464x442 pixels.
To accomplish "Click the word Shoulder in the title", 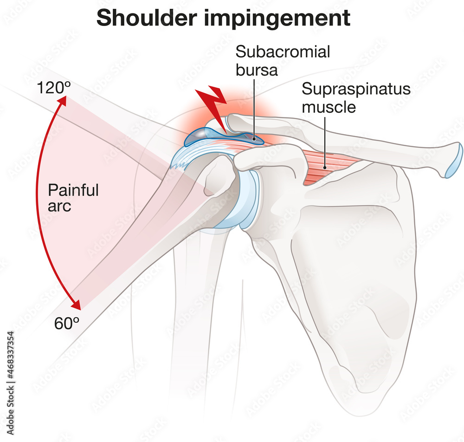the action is point(147,18).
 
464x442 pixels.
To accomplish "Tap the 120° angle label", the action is point(53,88).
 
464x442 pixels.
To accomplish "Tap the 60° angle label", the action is point(67,324).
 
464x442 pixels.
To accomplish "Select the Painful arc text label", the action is point(73,197).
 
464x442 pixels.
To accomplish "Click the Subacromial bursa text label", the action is point(283,61).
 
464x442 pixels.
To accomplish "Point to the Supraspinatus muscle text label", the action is point(356,97).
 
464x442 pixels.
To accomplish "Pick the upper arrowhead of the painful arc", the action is point(62,100).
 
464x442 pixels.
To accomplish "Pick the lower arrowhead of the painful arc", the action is point(77,305).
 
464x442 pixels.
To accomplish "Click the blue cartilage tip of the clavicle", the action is point(454,160).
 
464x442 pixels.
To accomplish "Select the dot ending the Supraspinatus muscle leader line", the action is point(325,168).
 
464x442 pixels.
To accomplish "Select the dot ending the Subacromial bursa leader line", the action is point(254,138).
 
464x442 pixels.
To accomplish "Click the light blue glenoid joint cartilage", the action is point(249,200).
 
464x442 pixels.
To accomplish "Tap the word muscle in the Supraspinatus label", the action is point(329,107).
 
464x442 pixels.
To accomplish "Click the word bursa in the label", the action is point(257,70).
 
